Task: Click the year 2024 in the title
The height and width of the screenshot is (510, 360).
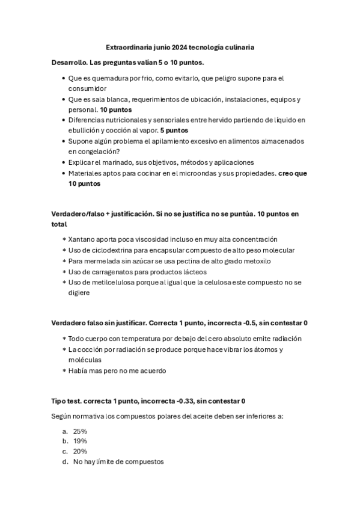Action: [179, 46]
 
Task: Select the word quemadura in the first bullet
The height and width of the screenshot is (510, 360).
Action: [106, 78]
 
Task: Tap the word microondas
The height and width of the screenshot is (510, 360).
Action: [218, 173]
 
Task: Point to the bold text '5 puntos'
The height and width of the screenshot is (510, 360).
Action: [174, 130]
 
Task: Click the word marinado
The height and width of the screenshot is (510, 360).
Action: [120, 162]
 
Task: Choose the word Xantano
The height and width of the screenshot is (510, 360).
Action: [82, 239]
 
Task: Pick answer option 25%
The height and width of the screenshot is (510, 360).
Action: [80, 431]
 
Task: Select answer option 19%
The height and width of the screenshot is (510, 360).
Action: [80, 441]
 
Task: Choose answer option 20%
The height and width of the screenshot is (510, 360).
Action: [80, 451]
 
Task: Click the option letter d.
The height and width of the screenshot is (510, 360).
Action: [64, 462]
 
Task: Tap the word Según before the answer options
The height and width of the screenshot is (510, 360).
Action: [63, 416]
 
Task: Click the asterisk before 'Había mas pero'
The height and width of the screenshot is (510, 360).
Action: [64, 370]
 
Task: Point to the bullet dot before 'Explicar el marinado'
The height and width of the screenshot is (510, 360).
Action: [64, 162]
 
